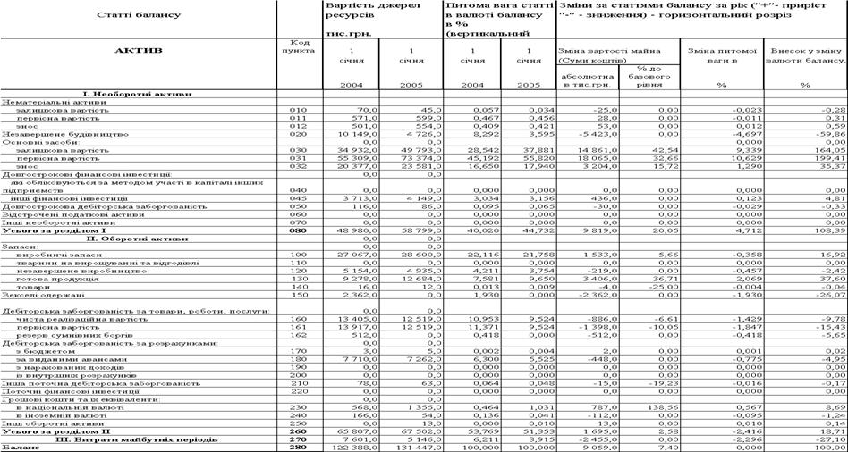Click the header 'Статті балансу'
click(136, 17)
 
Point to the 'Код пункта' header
click(301, 47)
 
